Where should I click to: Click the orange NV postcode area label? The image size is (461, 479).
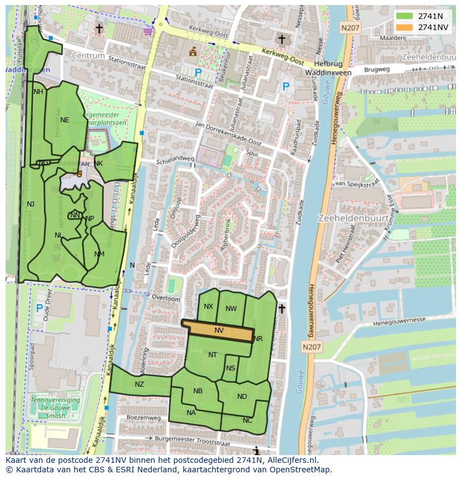[x=219, y=330]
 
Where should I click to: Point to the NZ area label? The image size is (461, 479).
[x=139, y=384]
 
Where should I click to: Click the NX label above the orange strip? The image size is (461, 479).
[x=208, y=307]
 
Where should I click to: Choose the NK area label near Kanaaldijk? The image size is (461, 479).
[x=99, y=163]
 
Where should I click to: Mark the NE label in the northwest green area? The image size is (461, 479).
[x=65, y=120]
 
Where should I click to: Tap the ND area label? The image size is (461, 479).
[x=242, y=397]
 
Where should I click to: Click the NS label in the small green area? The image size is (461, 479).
[x=230, y=368]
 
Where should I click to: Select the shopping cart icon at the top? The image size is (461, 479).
[x=148, y=32]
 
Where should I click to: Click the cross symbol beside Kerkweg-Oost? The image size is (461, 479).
[x=282, y=39]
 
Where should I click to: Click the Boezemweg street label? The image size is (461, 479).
[x=144, y=417]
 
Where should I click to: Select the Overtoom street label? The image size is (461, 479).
[x=167, y=299]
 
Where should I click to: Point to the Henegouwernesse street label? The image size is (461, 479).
[x=399, y=322]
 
